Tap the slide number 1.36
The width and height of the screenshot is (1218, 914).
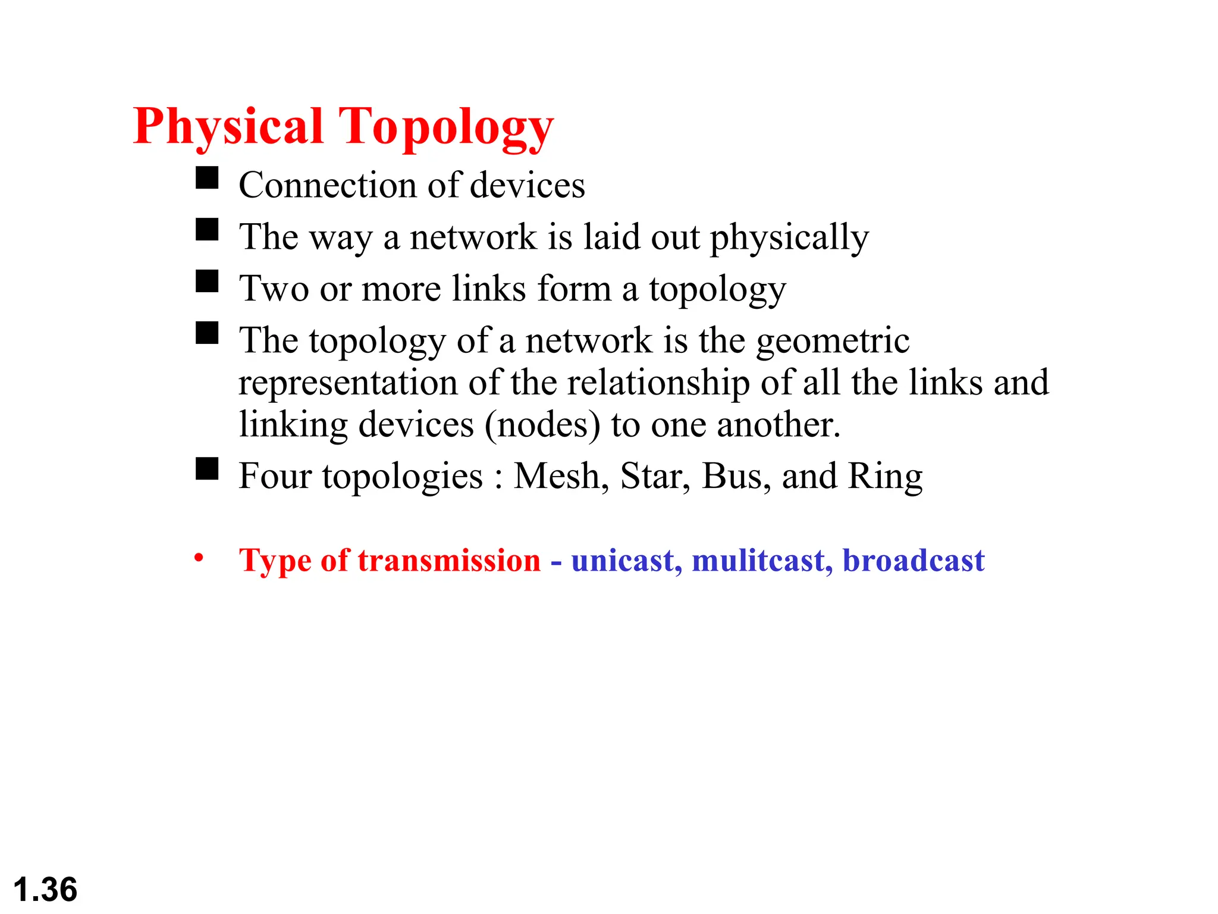pyautogui.click(x=45, y=890)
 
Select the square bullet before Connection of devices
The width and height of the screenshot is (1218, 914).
pyautogui.click(x=207, y=177)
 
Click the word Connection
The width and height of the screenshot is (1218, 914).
pyautogui.click(x=327, y=185)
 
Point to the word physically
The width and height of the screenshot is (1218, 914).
pyautogui.click(x=789, y=238)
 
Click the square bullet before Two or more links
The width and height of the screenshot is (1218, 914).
pyautogui.click(x=207, y=281)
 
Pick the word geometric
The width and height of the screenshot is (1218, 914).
pyautogui.click(x=833, y=341)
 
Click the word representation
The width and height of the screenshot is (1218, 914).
pyautogui.click(x=348, y=383)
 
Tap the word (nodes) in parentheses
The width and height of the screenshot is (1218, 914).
pyautogui.click(x=542, y=425)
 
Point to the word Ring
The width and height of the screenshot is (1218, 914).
pyautogui.click(x=885, y=477)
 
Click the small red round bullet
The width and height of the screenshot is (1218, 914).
pyautogui.click(x=199, y=558)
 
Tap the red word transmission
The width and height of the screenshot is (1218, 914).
pyautogui.click(x=449, y=561)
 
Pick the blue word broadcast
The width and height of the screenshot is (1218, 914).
pyautogui.click(x=913, y=561)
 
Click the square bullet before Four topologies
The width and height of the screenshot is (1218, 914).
pyautogui.click(x=207, y=468)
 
